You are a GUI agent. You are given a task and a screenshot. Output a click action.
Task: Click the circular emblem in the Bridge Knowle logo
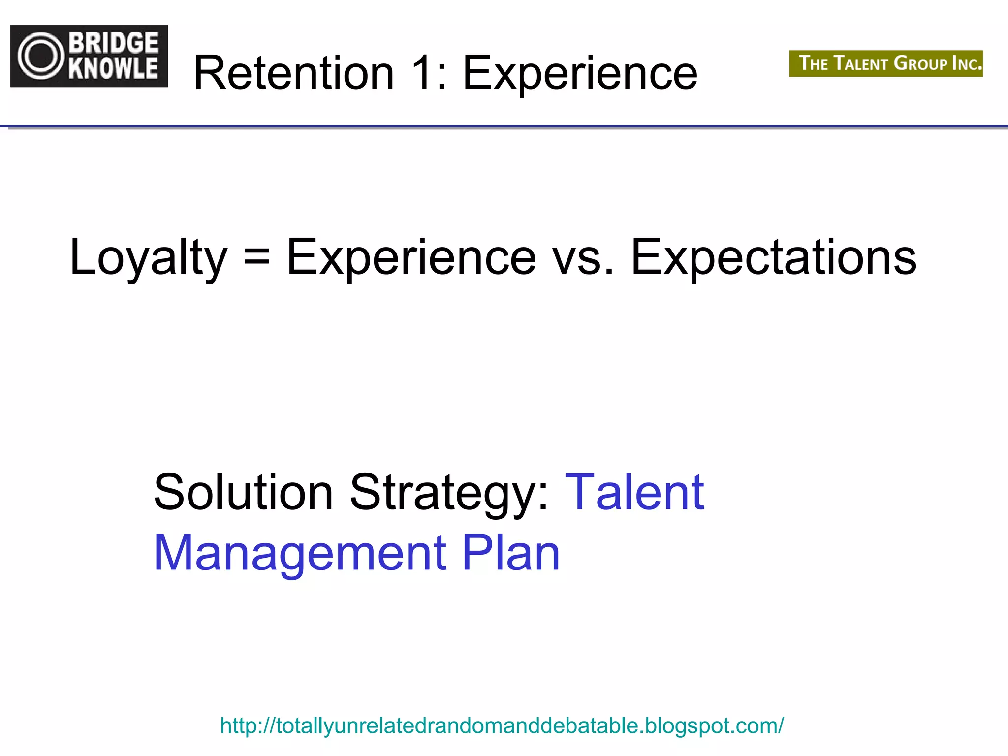pyautogui.click(x=41, y=56)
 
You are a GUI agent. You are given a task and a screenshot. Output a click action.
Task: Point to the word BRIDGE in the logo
pyautogui.click(x=114, y=43)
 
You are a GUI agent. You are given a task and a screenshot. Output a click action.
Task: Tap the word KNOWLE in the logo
pyautogui.click(x=114, y=68)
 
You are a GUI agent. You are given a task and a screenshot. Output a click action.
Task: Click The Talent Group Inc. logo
pyautogui.click(x=886, y=63)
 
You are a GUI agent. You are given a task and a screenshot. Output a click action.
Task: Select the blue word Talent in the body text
pyautogui.click(x=634, y=492)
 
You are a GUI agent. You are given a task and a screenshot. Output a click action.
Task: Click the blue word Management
pyautogui.click(x=300, y=554)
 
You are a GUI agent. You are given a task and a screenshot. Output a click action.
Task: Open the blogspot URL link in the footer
pyautogui.click(x=502, y=725)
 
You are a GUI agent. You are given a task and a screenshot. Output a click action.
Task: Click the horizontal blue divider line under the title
pyautogui.click(x=504, y=127)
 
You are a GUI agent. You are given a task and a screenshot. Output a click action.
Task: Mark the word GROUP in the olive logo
pyautogui.click(x=920, y=63)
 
